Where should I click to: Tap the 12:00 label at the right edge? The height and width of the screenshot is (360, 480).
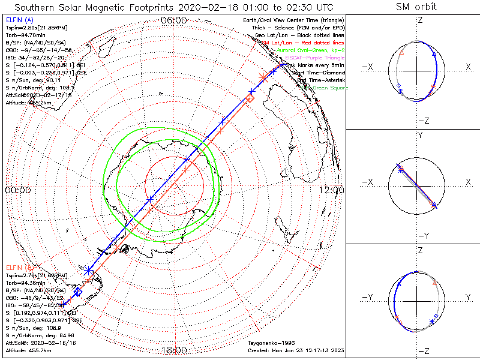coord(331,190)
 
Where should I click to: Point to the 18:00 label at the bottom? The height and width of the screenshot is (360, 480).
coord(174,350)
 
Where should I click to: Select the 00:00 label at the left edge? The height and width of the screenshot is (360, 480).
coord(17,190)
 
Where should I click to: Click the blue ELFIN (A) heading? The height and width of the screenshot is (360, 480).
coord(19,20)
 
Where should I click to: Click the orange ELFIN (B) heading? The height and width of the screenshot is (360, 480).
coord(19,266)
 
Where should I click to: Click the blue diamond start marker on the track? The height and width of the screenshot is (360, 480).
coord(77,292)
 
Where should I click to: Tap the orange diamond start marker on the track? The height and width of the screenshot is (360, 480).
coord(250,97)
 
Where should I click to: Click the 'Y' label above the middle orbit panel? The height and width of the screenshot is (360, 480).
coord(420,136)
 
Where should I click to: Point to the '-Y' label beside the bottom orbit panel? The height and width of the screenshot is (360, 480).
coord(368,297)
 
